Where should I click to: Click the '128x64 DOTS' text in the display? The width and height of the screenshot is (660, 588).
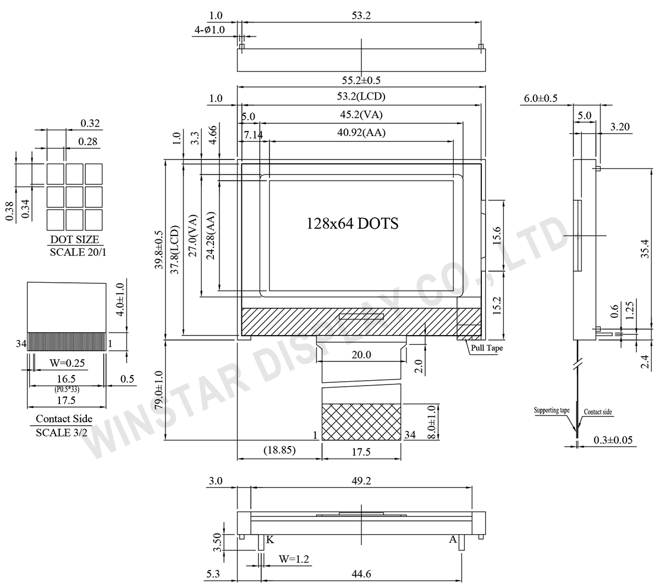pyautogui.click(x=352, y=224)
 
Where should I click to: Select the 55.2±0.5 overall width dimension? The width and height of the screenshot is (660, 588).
pyautogui.click(x=361, y=80)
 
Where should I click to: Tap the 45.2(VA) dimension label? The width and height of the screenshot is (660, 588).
pyautogui.click(x=361, y=114)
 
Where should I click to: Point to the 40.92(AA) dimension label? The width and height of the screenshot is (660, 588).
pyautogui.click(x=361, y=133)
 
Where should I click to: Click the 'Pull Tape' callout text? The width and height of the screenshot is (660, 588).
pyautogui.click(x=487, y=348)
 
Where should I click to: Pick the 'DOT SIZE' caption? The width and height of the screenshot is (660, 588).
pyautogui.click(x=75, y=239)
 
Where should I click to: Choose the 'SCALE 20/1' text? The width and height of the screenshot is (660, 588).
pyautogui.click(x=78, y=252)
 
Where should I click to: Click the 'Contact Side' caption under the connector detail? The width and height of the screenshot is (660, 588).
pyautogui.click(x=64, y=419)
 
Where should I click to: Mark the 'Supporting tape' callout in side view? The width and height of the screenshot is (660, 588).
pyautogui.click(x=552, y=410)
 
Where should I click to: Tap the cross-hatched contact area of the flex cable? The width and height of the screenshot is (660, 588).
pyautogui.click(x=361, y=422)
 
